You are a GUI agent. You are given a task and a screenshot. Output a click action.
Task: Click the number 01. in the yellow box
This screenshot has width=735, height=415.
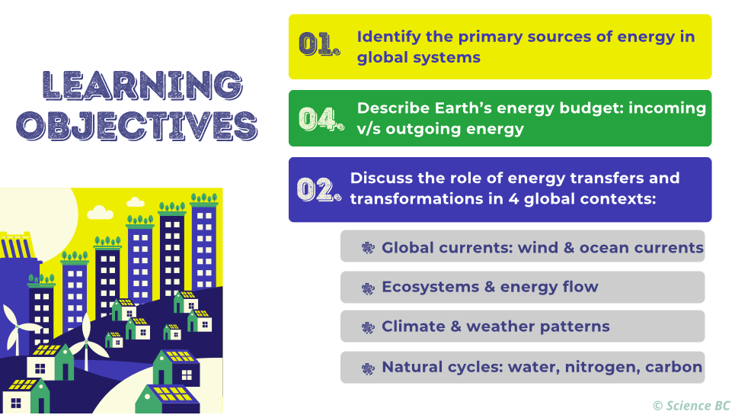pyautogui.click(x=318, y=45)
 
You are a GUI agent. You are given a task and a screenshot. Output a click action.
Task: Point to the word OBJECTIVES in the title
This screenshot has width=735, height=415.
pyautogui.click(x=136, y=124)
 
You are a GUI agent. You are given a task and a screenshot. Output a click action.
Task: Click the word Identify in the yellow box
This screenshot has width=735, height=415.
pyautogui.click(x=388, y=37)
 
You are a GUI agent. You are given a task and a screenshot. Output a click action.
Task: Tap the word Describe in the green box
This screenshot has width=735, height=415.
pyautogui.click(x=391, y=108)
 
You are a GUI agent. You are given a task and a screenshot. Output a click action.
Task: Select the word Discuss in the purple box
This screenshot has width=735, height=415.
pyautogui.click(x=380, y=178)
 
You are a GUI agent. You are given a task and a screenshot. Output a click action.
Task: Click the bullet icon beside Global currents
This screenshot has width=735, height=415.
pyautogui.click(x=368, y=248)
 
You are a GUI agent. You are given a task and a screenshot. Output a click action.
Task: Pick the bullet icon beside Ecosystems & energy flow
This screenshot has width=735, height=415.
pyautogui.click(x=368, y=288)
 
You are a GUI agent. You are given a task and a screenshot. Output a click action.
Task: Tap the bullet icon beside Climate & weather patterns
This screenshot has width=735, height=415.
pyautogui.click(x=368, y=327)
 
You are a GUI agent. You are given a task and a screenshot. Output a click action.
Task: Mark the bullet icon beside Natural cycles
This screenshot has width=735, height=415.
pyautogui.click(x=368, y=368)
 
